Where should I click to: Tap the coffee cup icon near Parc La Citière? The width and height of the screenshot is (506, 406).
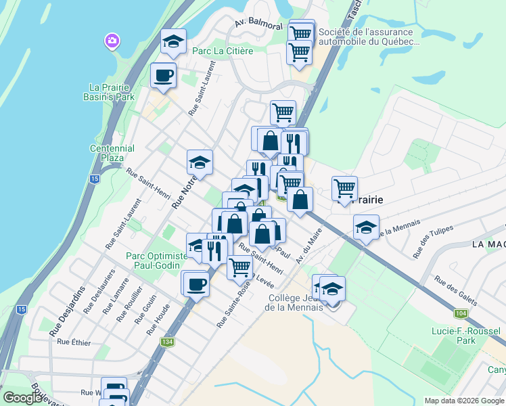(x=163, y=75)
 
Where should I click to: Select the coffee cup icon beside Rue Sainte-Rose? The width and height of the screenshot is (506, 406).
(x=195, y=284)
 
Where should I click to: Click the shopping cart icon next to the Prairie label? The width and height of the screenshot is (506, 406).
(x=344, y=189)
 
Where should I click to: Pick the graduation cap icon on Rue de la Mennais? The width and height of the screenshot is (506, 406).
(x=366, y=228)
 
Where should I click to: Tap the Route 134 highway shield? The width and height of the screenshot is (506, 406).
(x=166, y=342)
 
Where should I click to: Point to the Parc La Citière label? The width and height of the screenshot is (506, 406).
(x=222, y=51)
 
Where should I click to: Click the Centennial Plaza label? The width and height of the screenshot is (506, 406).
(x=112, y=153)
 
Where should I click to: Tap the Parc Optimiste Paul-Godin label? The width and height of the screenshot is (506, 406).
(x=156, y=261)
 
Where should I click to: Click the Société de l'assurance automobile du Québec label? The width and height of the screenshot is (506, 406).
(x=369, y=37)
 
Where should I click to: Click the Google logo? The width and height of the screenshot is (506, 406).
(x=22, y=398)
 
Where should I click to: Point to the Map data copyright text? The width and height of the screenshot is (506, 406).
(x=463, y=401)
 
